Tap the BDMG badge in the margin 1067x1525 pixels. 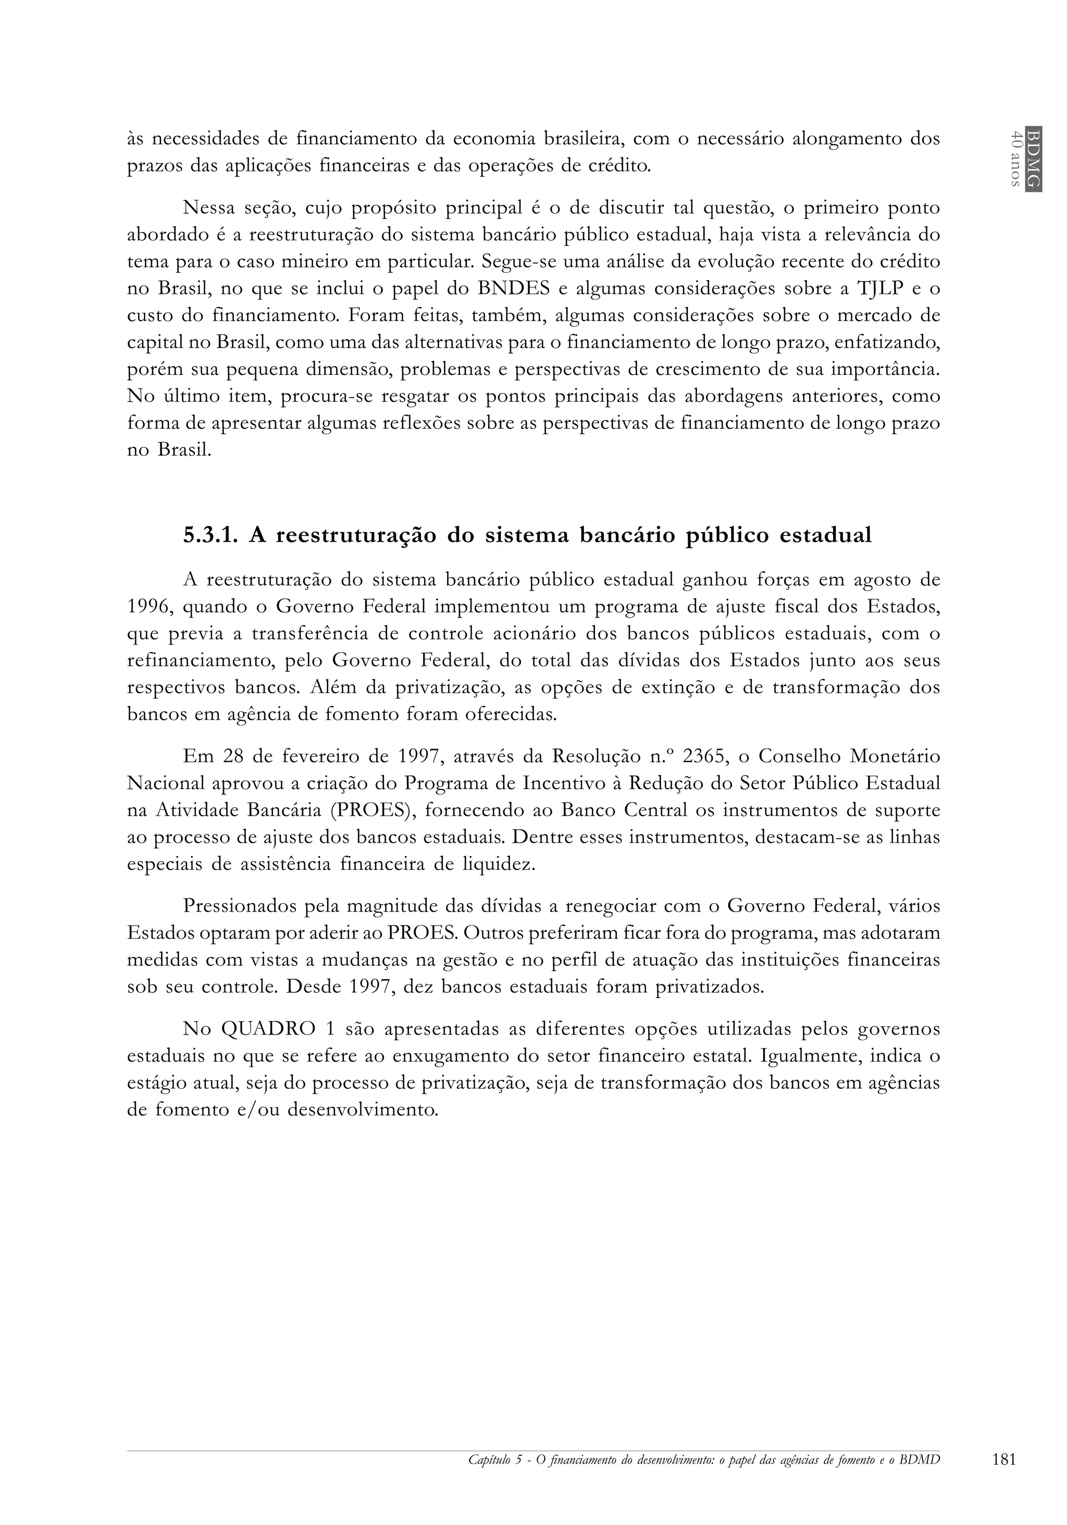(1033, 158)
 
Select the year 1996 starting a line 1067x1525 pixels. (148, 607)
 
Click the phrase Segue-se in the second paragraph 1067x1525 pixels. (514, 262)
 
